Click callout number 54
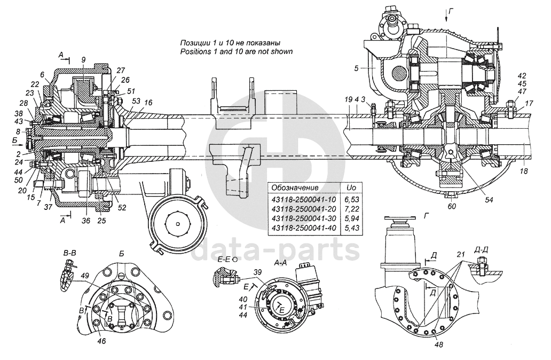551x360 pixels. pos(489,200)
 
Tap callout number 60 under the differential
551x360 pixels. pos(452,206)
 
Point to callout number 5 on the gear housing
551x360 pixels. pos(356,68)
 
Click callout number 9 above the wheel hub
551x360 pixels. pos(83,60)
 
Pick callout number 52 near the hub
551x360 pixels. pos(122,207)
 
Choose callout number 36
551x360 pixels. pos(86,221)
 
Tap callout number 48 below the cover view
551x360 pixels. pos(438,345)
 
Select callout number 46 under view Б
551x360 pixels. pos(101,341)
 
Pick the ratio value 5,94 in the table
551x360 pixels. pos(351,218)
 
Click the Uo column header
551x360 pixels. pos(351,187)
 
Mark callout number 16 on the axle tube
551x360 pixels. pos(148,103)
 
